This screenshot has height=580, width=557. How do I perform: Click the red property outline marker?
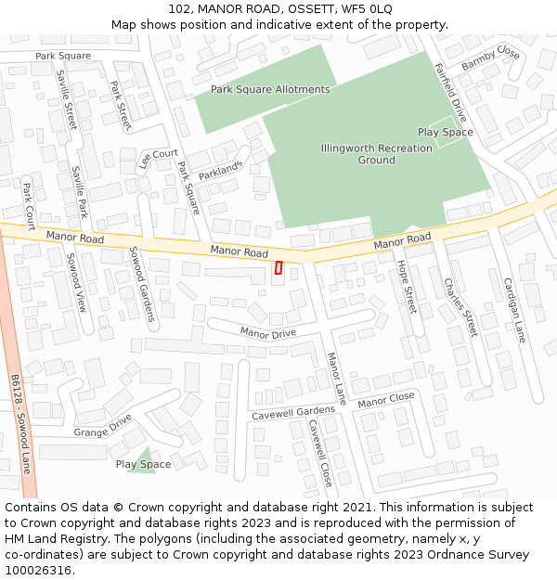(278, 267)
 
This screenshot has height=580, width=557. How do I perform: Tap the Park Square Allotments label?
(269, 89)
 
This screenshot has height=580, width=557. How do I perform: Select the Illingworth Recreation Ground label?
(376, 154)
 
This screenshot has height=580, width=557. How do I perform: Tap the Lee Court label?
(158, 159)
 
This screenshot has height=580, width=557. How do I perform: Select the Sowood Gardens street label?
(141, 283)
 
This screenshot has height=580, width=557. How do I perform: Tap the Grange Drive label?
(103, 426)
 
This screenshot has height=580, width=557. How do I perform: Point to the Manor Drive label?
(267, 332)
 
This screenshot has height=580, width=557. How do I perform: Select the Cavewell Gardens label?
(292, 412)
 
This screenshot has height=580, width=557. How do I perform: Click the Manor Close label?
(385, 401)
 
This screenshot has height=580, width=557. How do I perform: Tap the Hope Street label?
(407, 286)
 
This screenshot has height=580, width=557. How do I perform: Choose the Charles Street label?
(460, 306)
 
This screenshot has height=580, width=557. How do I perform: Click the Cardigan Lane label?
(514, 310)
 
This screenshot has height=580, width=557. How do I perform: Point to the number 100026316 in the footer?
(38, 570)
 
